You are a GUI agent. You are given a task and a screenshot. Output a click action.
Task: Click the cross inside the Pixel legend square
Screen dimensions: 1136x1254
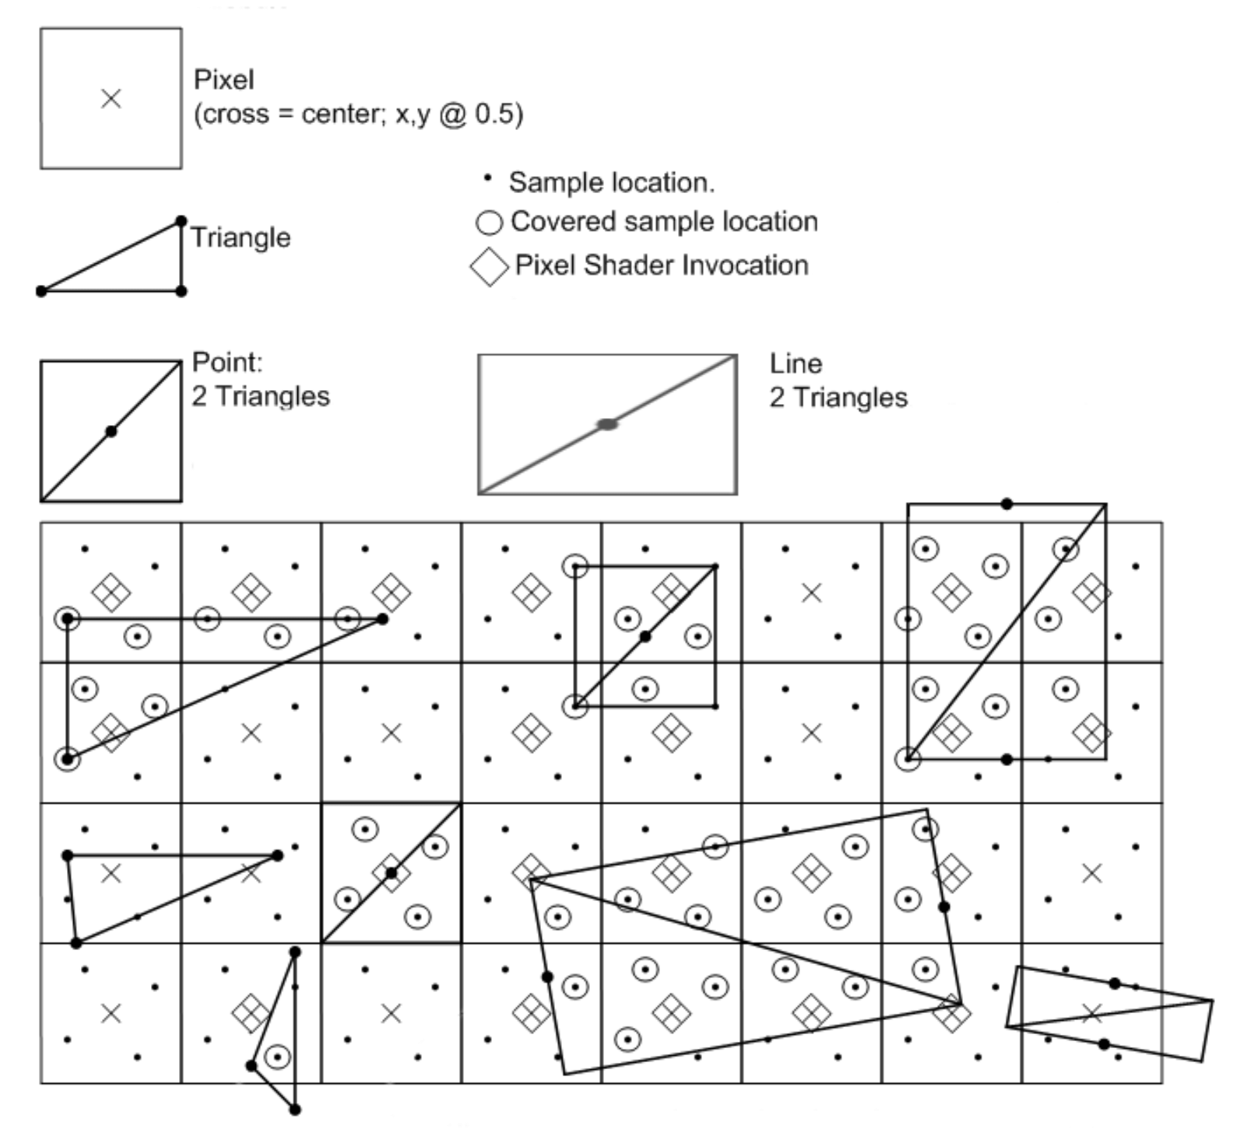(x=111, y=99)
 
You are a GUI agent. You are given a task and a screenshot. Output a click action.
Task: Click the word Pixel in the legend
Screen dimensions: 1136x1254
(x=223, y=79)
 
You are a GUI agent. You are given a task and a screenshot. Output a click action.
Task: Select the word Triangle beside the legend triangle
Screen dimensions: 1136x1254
(x=241, y=237)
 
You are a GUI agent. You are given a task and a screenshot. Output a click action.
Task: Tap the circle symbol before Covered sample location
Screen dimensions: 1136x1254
(x=489, y=223)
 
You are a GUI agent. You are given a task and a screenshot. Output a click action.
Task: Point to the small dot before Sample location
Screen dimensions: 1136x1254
(x=487, y=178)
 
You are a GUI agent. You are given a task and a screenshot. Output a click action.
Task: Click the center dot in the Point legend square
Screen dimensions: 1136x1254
(x=111, y=431)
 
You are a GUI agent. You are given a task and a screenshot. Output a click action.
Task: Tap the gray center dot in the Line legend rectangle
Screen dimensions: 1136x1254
(x=607, y=424)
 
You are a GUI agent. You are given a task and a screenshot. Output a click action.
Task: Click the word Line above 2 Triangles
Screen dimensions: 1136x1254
(x=796, y=364)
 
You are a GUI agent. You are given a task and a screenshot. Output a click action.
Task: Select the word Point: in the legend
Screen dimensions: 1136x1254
(x=227, y=362)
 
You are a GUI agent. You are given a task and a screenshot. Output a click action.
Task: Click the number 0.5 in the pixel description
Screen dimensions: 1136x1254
(x=499, y=114)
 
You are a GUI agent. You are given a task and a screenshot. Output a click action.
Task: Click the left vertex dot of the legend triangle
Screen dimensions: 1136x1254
(x=41, y=291)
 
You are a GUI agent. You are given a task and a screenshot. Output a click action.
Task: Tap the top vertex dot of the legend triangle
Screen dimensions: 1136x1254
(x=181, y=221)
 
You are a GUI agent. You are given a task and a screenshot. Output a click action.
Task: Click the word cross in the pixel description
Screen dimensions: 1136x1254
(x=234, y=114)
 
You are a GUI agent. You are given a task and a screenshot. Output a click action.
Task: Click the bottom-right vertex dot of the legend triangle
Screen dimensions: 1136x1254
(x=181, y=291)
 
